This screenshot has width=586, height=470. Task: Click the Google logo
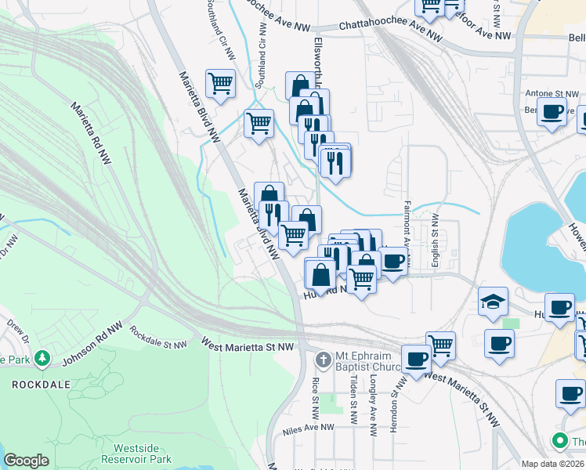[26, 461]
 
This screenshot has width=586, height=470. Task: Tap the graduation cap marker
[493, 302]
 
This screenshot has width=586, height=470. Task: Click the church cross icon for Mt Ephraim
[322, 360]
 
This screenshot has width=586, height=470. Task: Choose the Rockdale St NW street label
[159, 338]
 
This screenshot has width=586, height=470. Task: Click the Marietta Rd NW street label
[91, 132]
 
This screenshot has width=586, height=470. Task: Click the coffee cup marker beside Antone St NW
[552, 113]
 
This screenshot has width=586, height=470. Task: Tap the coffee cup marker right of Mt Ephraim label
[416, 359]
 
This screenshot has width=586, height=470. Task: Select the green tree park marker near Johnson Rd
[42, 360]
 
